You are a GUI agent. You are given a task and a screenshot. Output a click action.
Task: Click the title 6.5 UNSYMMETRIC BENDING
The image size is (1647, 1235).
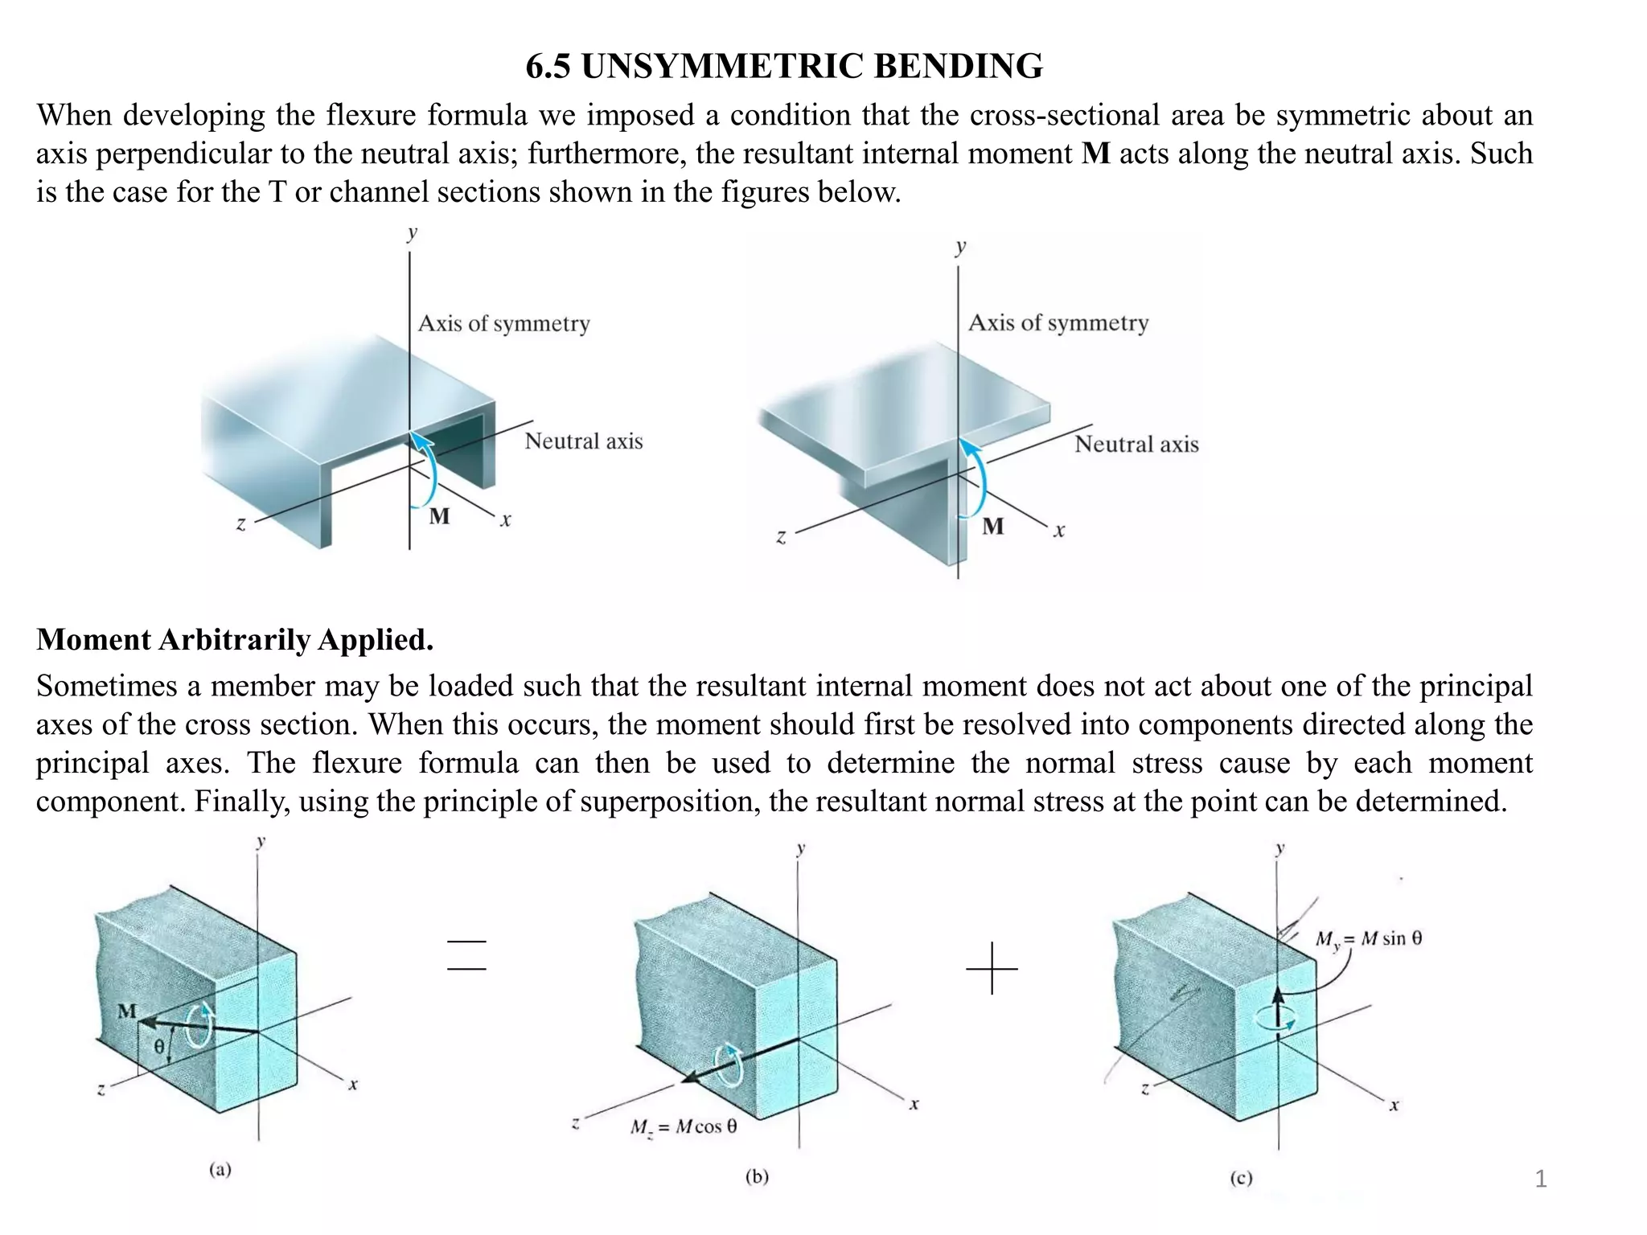click(784, 66)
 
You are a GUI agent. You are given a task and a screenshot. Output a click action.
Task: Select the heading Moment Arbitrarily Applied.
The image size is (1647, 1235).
click(235, 640)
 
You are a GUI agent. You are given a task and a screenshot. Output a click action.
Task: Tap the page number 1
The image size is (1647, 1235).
click(1540, 1179)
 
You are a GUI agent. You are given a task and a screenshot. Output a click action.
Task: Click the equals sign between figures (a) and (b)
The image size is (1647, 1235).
click(466, 955)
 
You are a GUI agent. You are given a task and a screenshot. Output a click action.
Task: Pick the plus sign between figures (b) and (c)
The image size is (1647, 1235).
click(992, 968)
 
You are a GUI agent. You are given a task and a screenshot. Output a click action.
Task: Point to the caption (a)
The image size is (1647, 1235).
click(220, 1170)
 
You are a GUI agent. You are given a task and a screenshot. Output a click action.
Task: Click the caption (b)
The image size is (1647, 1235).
click(757, 1177)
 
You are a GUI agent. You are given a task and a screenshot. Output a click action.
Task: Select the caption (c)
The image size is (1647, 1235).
click(1241, 1179)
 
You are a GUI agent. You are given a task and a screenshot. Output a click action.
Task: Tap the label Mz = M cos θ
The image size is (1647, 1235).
click(684, 1127)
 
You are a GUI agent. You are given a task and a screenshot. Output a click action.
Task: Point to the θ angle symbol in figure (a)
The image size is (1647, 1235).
click(159, 1046)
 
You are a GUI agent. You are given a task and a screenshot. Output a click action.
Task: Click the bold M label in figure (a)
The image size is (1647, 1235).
click(127, 1011)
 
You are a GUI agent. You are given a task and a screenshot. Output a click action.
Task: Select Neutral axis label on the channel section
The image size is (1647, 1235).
click(584, 441)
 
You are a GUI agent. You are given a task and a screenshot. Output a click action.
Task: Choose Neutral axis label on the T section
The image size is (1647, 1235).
click(1136, 445)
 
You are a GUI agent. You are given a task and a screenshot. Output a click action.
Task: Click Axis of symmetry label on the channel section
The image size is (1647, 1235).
click(504, 324)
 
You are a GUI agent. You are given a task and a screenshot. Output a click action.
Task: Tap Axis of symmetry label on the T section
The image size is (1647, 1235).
click(1058, 323)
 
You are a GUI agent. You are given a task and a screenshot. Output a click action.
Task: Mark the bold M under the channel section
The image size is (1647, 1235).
click(439, 516)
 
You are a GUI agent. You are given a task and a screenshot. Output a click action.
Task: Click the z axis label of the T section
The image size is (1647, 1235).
click(780, 537)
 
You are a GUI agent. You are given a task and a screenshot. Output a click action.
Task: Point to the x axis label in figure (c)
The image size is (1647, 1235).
click(1394, 1106)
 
